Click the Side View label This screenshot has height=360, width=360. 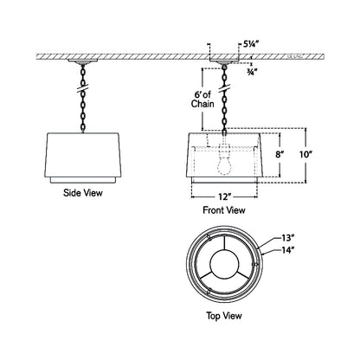click(x=83, y=193)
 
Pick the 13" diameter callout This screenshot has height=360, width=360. click(x=288, y=237)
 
